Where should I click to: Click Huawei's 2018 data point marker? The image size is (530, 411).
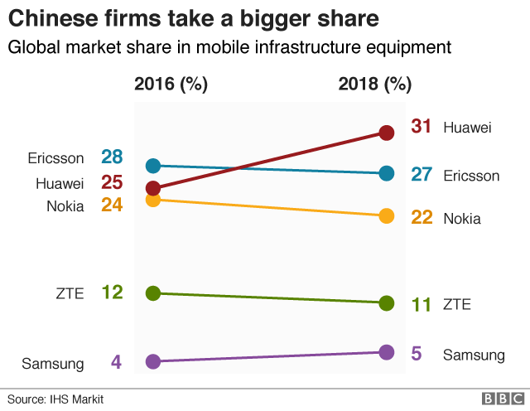click(386, 132)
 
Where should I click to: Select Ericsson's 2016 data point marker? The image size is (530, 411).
click(152, 166)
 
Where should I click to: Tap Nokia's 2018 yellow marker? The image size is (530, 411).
click(386, 216)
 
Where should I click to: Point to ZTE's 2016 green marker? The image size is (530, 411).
click(152, 293)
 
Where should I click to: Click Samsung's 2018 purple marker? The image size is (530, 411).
click(386, 352)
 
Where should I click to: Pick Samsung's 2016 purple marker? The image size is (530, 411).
click(152, 361)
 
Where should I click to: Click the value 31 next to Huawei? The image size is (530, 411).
click(422, 127)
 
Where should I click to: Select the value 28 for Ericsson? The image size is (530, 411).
click(112, 157)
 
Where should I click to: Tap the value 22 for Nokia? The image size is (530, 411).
click(422, 218)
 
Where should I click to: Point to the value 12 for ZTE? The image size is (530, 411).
click(112, 292)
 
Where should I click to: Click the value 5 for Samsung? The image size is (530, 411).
click(417, 354)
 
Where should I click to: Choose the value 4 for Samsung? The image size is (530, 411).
click(116, 362)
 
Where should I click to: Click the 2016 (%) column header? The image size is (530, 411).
click(171, 84)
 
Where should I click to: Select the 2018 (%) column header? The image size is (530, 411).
click(374, 84)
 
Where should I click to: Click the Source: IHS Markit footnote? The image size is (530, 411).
click(56, 399)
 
